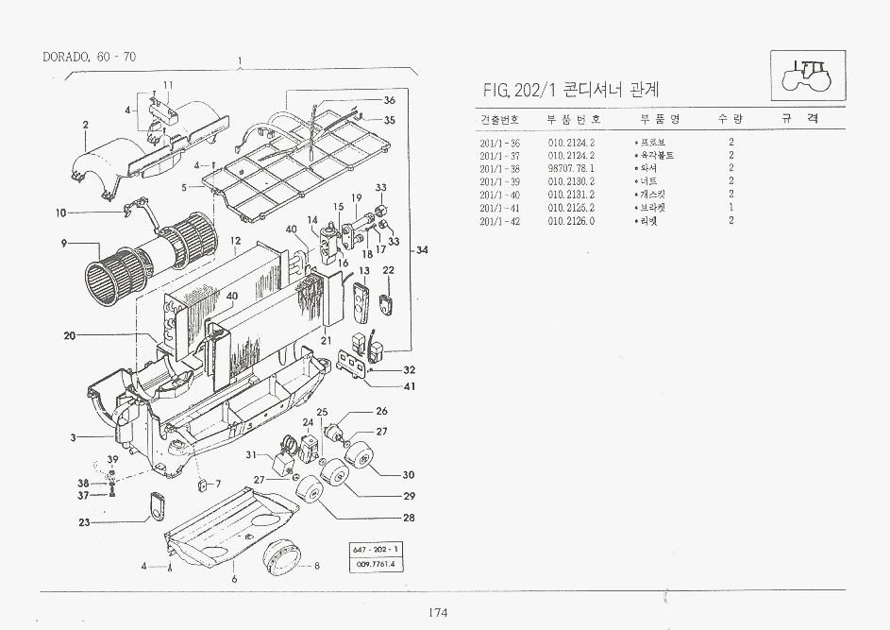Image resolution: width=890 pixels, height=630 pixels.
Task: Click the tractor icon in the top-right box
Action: point(810,75)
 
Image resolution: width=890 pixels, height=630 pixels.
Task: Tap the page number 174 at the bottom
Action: point(436,613)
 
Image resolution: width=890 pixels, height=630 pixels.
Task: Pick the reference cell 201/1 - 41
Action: point(499,207)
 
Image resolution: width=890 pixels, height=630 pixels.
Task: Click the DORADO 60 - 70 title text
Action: point(90,57)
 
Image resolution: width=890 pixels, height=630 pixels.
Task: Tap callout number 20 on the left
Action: point(70,335)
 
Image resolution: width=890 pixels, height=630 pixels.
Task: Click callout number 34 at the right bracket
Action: point(422,250)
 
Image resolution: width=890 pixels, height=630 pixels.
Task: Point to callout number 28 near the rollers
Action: point(409,518)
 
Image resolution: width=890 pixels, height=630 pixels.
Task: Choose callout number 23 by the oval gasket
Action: point(84,522)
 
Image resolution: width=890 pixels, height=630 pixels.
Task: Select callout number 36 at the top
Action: point(389,100)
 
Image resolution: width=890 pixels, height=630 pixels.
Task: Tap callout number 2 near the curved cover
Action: point(85,125)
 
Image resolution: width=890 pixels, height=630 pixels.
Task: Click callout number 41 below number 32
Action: point(409,385)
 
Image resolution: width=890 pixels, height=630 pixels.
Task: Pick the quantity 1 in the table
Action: point(731,207)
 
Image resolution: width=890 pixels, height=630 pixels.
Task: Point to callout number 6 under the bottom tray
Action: point(233,578)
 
